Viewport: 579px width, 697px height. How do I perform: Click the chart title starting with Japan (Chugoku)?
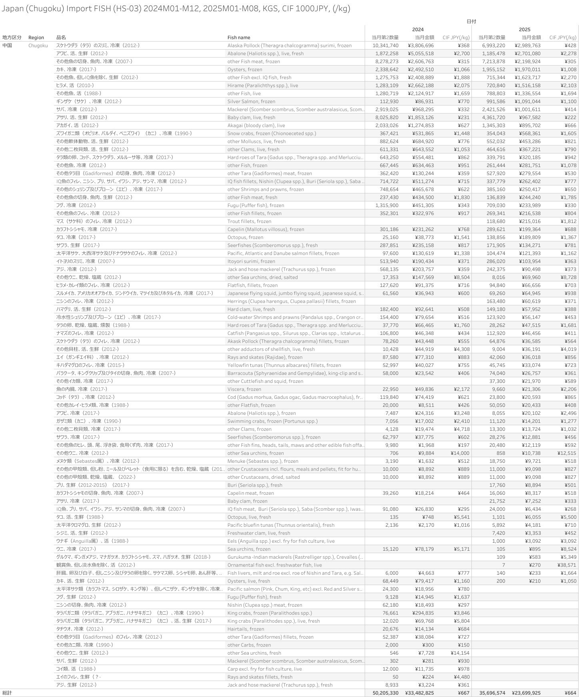pyautogui.click(x=176, y=8)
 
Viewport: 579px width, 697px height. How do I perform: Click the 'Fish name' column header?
pyautogui.click(x=239, y=38)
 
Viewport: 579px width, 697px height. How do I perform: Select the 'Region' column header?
pyautogui.click(x=36, y=38)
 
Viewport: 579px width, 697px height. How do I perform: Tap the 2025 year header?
pyautogui.click(x=525, y=30)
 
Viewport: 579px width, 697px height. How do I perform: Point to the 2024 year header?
pyautogui.click(x=418, y=30)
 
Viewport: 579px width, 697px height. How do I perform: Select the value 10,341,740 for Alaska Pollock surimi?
pyautogui.click(x=385, y=46)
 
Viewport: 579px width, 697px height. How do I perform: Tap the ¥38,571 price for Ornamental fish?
pyautogui.click(x=567, y=565)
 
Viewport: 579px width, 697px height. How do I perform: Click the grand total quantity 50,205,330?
pyautogui.click(x=385, y=693)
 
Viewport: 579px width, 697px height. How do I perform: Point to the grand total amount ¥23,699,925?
pyautogui.click(x=526, y=693)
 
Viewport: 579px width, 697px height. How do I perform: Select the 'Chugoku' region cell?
pyautogui.click(x=38, y=46)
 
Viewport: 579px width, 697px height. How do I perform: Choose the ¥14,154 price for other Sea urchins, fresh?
pyautogui.click(x=460, y=653)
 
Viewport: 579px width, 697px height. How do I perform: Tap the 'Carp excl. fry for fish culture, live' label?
pyautogui.click(x=265, y=669)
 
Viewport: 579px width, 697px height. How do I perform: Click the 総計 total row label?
pyautogui.click(x=7, y=693)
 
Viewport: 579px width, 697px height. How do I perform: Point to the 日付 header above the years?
pyautogui.click(x=471, y=21)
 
